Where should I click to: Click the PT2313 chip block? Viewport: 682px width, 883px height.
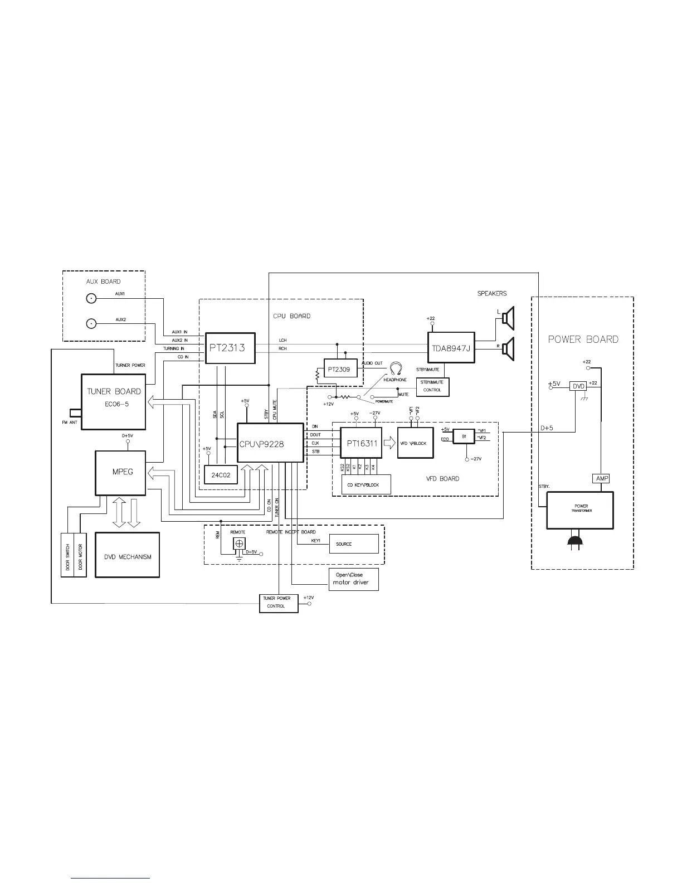click(231, 348)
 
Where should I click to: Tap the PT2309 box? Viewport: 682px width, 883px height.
click(340, 369)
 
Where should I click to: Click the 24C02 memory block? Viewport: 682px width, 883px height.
click(221, 475)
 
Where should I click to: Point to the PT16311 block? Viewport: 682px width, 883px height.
click(361, 444)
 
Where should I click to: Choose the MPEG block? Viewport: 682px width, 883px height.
click(121, 473)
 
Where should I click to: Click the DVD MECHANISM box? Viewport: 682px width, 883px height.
click(128, 555)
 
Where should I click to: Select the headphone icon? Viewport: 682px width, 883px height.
click(396, 368)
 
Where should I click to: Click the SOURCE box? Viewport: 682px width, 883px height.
click(354, 544)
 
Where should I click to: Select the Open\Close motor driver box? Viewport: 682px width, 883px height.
click(354, 580)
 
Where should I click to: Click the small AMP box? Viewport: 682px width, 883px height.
click(601, 478)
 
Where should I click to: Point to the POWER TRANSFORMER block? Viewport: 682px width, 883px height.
click(581, 510)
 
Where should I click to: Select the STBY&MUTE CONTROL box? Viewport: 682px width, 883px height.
click(432, 387)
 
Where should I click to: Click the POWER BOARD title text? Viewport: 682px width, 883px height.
click(583, 339)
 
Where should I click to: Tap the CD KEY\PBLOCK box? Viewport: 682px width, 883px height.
click(366, 484)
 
